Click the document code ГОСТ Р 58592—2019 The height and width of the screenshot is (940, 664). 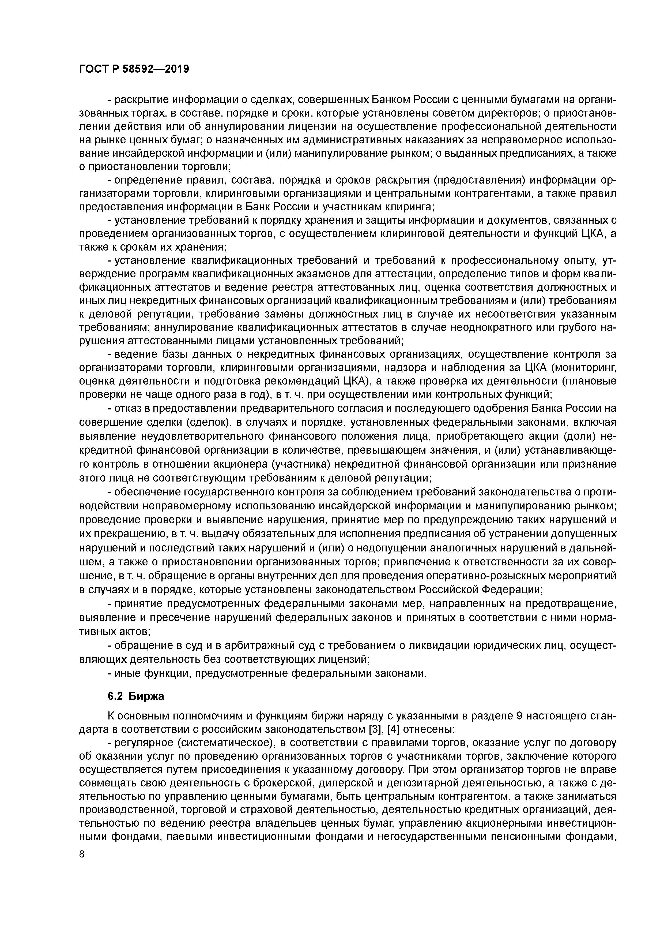pos(134,69)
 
